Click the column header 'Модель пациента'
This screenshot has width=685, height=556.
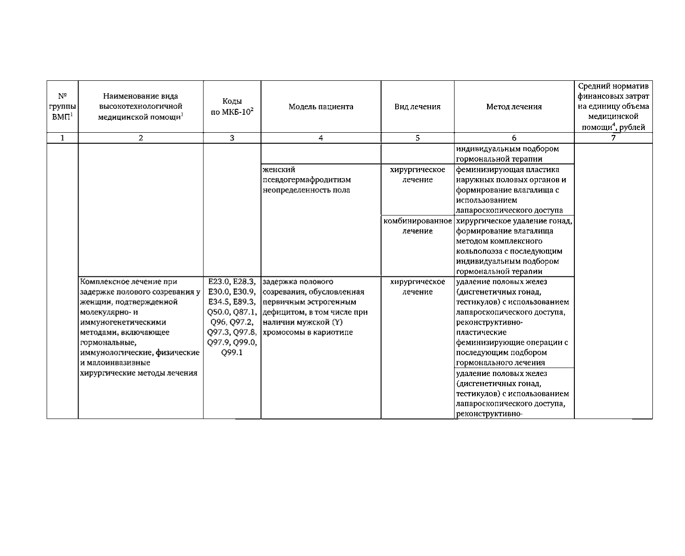320,107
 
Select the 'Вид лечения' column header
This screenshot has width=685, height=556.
417,107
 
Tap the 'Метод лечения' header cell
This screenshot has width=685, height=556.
514,107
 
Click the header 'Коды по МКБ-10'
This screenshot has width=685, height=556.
232,107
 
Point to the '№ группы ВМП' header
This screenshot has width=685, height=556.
62,107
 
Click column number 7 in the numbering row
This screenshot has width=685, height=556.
613,138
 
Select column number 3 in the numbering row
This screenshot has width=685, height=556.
232,138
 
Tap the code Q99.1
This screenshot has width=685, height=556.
232,353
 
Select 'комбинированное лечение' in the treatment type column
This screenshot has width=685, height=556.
417,226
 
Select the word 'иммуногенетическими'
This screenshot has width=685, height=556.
123,322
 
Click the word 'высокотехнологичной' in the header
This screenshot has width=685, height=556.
140,107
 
